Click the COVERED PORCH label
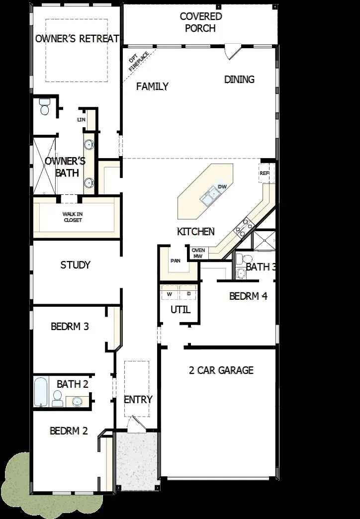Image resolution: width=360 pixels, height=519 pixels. [200, 22]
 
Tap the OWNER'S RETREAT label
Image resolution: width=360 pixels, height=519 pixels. [77, 38]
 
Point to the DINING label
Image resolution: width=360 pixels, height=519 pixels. [239, 79]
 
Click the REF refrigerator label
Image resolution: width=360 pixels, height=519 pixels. [264, 173]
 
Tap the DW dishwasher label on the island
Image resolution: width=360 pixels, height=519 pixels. [222, 186]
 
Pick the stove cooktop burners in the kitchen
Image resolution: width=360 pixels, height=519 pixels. [242, 228]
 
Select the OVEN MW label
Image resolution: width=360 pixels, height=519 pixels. [198, 253]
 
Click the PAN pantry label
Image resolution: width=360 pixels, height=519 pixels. [175, 260]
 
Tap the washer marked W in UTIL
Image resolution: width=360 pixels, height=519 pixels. [169, 294]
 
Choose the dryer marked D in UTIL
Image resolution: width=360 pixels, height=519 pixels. [188, 294]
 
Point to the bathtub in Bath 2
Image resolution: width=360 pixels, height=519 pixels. [40, 392]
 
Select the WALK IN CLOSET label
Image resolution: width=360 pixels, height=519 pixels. [72, 217]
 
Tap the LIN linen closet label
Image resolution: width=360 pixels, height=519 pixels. [81, 120]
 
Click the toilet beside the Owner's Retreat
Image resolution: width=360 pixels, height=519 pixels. [44, 107]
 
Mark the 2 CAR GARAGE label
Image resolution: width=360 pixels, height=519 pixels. [221, 370]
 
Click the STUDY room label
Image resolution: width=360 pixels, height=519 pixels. [75, 265]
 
